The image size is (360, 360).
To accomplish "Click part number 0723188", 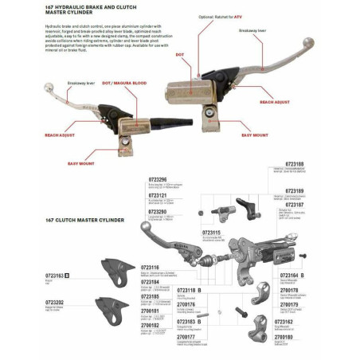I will [294, 164].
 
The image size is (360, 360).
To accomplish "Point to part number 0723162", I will [294, 322].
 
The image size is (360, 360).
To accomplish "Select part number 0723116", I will [150, 268].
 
